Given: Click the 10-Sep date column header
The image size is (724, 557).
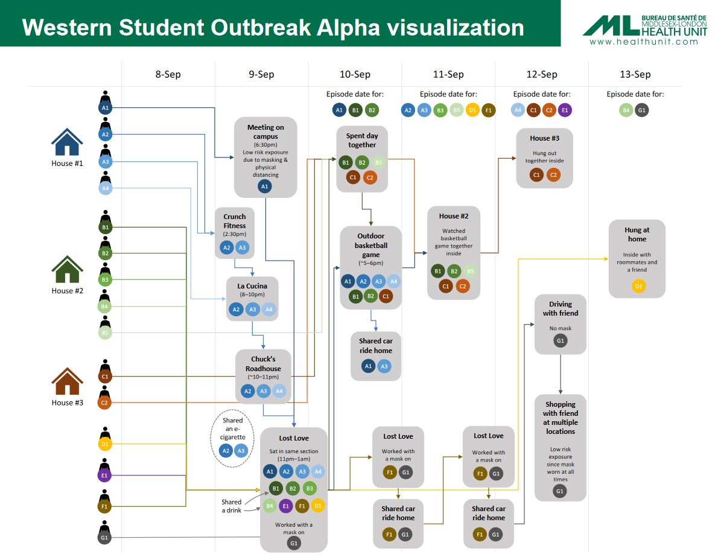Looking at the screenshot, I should tap(355, 74).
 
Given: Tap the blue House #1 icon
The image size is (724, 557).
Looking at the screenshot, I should tap(67, 143).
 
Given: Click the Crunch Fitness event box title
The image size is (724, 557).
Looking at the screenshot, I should tap(235, 221).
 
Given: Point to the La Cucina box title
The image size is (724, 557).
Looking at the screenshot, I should tap(252, 285).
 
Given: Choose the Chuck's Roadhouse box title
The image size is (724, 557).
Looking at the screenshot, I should tap(263, 364).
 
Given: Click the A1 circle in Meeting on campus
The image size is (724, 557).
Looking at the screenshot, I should tap(264, 187).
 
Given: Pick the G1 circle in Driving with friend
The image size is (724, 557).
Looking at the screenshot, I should tap(560, 342).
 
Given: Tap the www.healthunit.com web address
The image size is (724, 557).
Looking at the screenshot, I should tap(644, 42).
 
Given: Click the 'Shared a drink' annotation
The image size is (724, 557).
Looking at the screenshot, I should tap(231, 506).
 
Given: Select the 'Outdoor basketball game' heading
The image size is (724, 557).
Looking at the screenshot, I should tap(370, 245).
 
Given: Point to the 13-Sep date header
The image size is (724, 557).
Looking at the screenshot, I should tap(635, 74).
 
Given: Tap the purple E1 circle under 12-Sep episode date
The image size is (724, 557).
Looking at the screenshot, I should tap(565, 110).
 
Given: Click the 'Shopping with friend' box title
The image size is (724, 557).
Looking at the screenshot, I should tap(560, 418).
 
